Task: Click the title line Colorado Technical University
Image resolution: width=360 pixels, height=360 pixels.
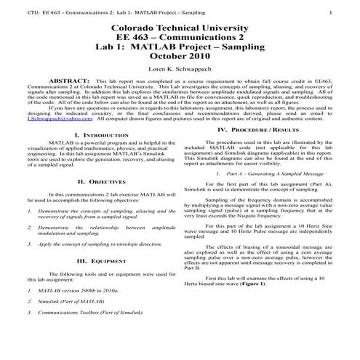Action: point(178,29)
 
